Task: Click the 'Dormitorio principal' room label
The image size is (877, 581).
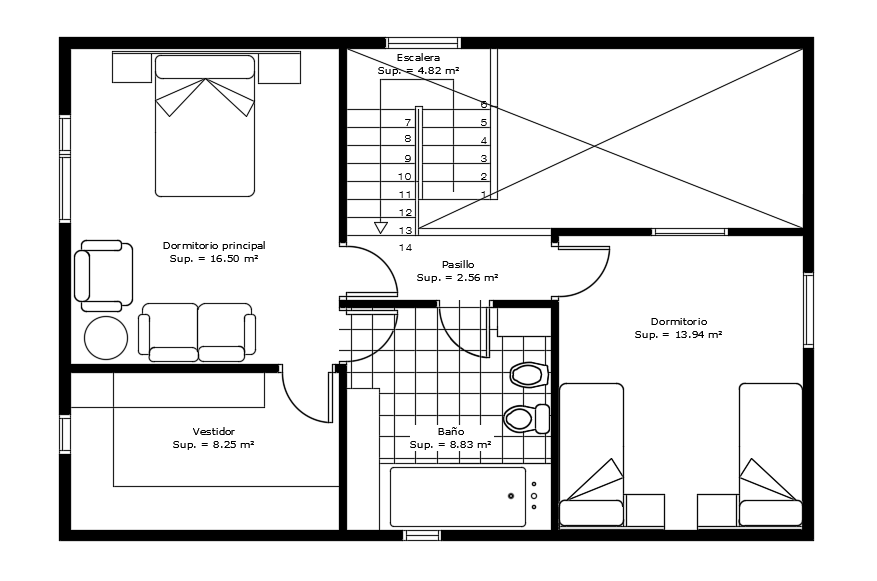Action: pyautogui.click(x=214, y=244)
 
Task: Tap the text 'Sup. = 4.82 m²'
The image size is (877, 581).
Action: pyautogui.click(x=418, y=71)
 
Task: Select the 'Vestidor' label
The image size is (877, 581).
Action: pyautogui.click(x=213, y=431)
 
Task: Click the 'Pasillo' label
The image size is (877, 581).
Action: pyautogui.click(x=457, y=264)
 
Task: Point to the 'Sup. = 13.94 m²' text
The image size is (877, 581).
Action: pyautogui.click(x=678, y=335)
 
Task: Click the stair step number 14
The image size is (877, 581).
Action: pyautogui.click(x=406, y=246)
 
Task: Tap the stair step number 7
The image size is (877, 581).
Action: pyautogui.click(x=408, y=121)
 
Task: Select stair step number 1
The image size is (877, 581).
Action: pyautogui.click(x=484, y=194)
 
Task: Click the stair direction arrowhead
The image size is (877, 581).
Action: pyautogui.click(x=381, y=228)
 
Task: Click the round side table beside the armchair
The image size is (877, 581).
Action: pyautogui.click(x=106, y=338)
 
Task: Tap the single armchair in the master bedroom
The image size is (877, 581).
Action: pyautogui.click(x=103, y=275)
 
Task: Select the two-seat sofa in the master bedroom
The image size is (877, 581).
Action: pyautogui.click(x=197, y=331)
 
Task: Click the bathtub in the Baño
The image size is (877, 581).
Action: pyautogui.click(x=457, y=497)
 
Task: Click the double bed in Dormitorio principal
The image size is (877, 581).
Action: pyautogui.click(x=205, y=126)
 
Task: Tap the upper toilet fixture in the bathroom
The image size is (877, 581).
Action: pyautogui.click(x=528, y=375)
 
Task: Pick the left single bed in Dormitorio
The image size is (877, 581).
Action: pyautogui.click(x=591, y=454)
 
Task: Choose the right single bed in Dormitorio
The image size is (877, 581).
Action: pyautogui.click(x=770, y=454)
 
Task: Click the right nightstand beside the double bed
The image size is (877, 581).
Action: pyautogui.click(x=279, y=68)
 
